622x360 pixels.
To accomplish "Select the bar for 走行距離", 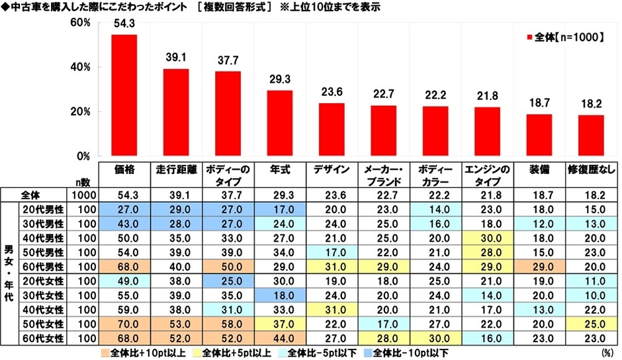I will pyautogui.click(x=176, y=112).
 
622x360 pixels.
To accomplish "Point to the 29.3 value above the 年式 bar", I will pyautogui.click(x=280, y=78).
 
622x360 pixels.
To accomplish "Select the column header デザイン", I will pyautogui.click(x=332, y=169).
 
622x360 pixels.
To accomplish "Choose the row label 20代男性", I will pyautogui.click(x=45, y=208).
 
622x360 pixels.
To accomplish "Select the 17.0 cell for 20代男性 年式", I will pyautogui.click(x=280, y=208).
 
